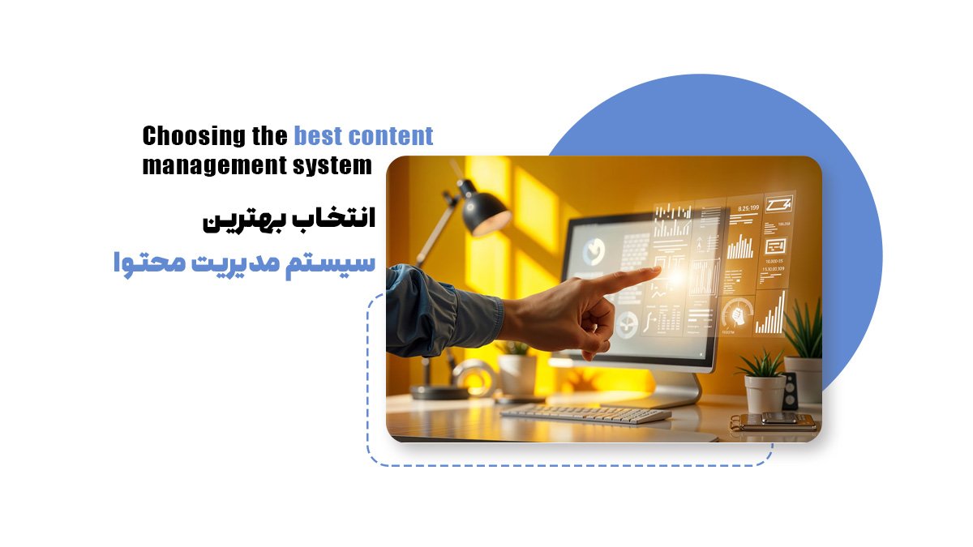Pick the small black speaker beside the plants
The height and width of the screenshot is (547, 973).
click(x=789, y=391)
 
